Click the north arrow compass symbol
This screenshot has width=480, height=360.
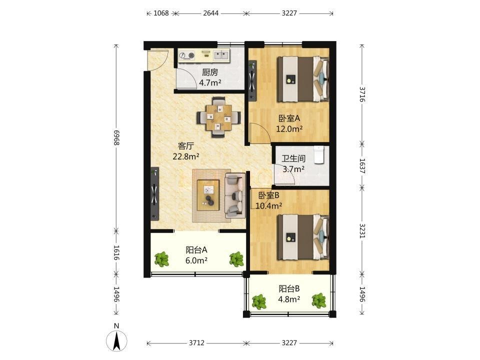(116, 340)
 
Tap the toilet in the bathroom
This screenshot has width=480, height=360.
(318, 155)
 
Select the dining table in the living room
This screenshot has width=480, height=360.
(218, 117)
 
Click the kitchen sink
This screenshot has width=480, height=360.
(220, 55)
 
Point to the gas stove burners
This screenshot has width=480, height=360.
(187, 55)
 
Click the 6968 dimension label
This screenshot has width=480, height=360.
(116, 137)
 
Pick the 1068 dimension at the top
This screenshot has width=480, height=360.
(161, 13)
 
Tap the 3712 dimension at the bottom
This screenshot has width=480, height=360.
(196, 343)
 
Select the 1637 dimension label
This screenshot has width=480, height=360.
(362, 165)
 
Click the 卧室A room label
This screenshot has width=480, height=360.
(289, 118)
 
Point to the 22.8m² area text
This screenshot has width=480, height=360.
(186, 156)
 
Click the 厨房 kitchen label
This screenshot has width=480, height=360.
(210, 72)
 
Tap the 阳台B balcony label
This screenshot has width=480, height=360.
(289, 288)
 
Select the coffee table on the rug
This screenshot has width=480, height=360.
(208, 195)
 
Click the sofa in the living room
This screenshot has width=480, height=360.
(235, 195)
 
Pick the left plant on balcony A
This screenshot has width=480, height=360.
(161, 259)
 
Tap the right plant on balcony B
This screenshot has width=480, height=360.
(319, 300)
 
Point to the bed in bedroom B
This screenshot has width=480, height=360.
(303, 237)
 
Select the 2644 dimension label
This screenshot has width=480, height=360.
(211, 13)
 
